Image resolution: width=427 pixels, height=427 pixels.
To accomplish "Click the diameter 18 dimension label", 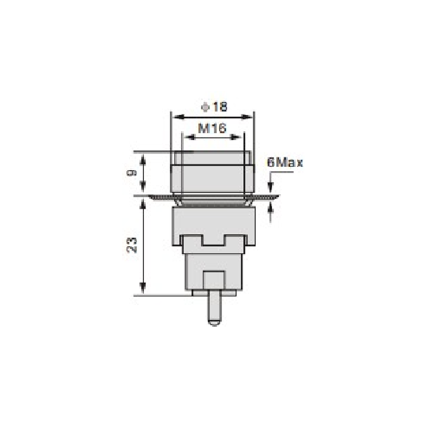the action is pos(214,107).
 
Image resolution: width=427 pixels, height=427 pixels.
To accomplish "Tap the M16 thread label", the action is pos(212,128).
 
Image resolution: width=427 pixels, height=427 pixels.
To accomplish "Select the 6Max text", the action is pos(285,163).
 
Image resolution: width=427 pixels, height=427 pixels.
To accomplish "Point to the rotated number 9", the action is pos(132,172).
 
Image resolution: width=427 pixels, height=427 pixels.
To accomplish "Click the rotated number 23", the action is pos(132,246).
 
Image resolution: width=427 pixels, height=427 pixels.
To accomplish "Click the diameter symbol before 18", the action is pos(205,107).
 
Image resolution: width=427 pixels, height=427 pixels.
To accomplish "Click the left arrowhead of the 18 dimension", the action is pos(178,117).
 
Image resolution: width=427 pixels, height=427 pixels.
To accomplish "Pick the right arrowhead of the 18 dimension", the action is pos(247,117).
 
